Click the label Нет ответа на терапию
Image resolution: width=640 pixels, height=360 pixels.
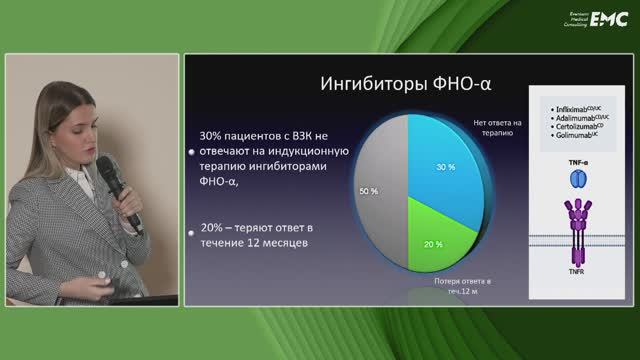click(x=492, y=125)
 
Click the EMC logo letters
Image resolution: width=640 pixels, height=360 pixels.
click(x=607, y=17)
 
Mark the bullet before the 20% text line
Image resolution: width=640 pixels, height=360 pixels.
click(x=191, y=232)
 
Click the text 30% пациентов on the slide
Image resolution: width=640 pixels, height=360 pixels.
click(x=239, y=133)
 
